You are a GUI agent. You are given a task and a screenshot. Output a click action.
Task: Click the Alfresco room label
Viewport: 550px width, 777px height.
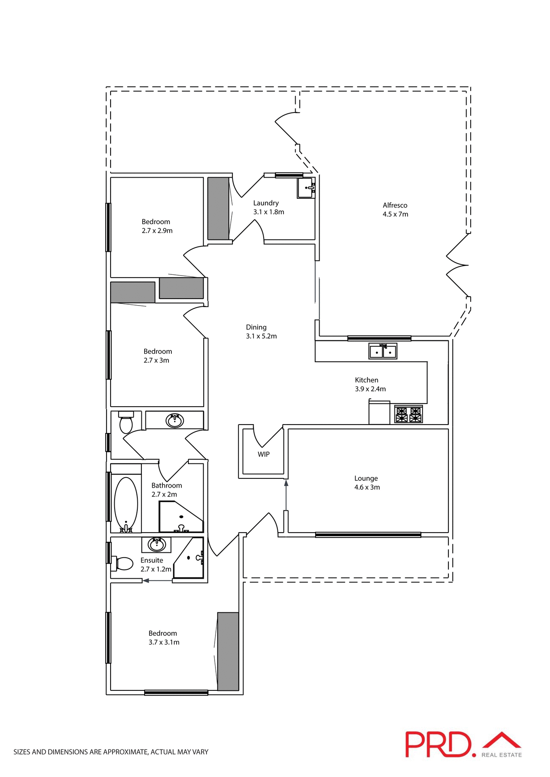click(395, 205)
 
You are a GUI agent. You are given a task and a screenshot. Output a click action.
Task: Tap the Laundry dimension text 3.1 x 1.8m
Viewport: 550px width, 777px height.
click(269, 212)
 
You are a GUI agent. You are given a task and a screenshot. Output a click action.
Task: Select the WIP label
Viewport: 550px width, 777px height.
click(264, 454)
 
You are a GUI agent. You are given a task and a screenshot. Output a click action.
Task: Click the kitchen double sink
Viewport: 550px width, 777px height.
click(383, 351)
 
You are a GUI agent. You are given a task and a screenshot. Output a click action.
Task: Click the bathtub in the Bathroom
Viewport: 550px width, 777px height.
click(126, 504)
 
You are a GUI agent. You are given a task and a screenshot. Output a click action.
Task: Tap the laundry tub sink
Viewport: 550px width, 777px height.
click(306, 188)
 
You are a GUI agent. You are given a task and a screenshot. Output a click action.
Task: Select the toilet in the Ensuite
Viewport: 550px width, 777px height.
click(123, 563)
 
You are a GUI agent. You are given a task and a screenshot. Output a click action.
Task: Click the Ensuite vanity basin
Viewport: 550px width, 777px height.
click(157, 545)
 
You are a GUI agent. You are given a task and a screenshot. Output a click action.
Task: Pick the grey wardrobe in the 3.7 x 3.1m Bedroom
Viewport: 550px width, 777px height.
click(228, 652)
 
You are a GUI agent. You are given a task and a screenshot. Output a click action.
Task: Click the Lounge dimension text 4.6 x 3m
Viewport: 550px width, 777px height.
click(367, 487)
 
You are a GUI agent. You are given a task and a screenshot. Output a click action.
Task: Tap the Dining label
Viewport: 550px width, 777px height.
click(256, 327)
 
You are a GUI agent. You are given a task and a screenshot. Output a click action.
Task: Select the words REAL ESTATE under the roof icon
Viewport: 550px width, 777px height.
click(501, 755)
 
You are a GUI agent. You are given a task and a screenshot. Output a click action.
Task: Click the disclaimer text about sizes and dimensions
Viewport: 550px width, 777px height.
click(111, 752)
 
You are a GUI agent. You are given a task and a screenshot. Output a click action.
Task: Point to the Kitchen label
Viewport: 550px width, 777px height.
click(367, 380)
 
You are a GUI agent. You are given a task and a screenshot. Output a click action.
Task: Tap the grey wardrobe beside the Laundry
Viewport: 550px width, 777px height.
click(218, 208)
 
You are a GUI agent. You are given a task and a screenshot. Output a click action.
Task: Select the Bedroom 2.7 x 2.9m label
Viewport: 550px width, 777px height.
click(156, 222)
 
